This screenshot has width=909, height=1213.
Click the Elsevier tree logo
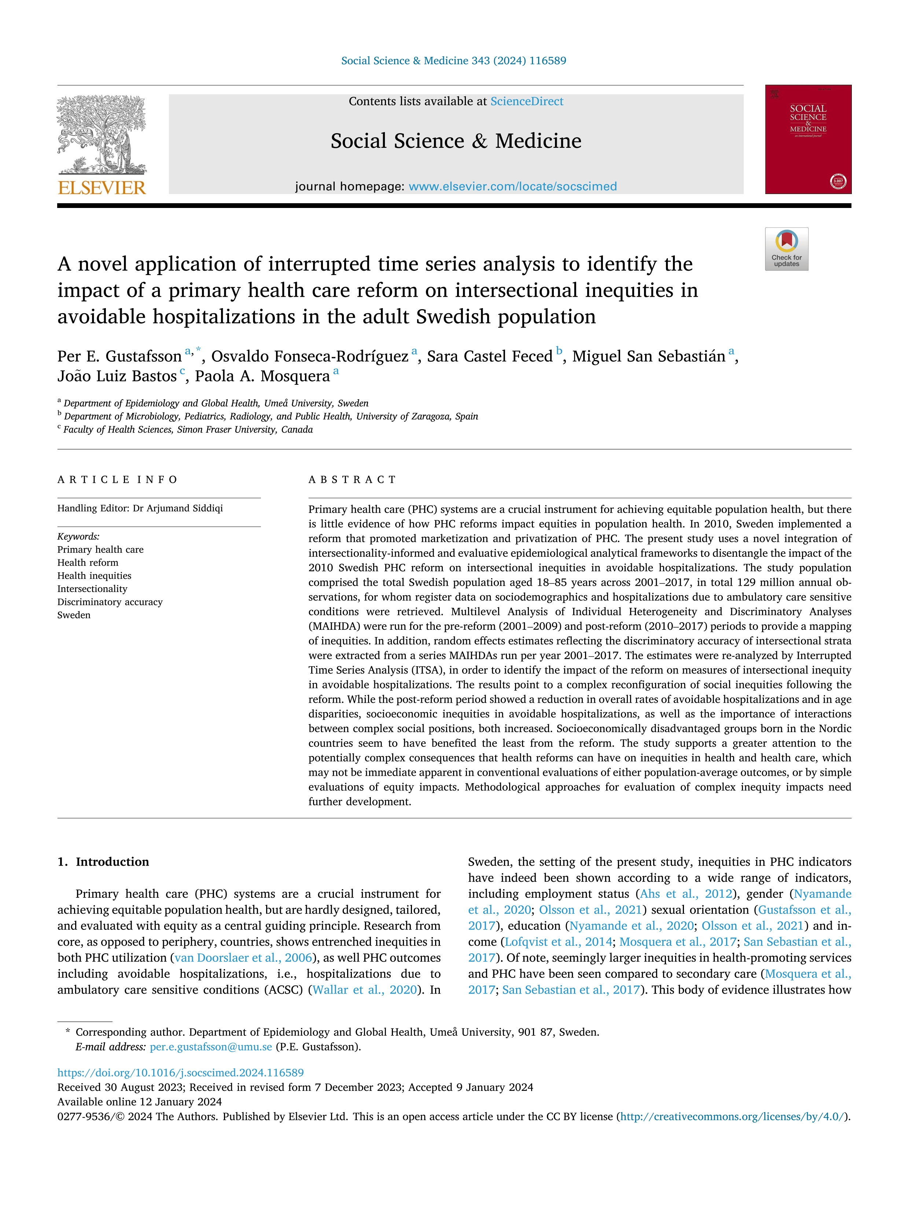click(102, 134)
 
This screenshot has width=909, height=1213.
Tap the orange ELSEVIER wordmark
click(102, 188)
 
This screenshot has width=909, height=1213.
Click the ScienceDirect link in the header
click(527, 102)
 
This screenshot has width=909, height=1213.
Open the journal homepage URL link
click(512, 186)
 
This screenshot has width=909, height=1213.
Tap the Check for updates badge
click(786, 249)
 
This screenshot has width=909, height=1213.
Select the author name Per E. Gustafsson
click(119, 357)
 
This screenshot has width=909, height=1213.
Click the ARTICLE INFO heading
click(117, 480)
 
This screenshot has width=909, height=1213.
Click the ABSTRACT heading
click(352, 480)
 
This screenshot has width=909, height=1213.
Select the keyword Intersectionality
click(92, 589)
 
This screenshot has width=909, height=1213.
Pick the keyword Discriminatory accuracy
click(110, 602)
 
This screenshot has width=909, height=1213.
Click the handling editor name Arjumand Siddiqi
click(185, 508)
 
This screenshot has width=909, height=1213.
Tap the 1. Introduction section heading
click(103, 862)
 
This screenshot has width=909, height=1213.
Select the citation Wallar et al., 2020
click(365, 990)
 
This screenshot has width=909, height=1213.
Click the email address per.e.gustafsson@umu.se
click(211, 1047)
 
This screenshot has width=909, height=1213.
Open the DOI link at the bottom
click(180, 1073)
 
